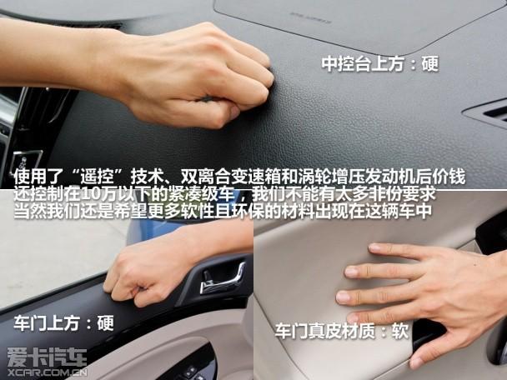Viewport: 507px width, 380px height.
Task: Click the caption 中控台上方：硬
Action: pyautogui.click(x=379, y=63)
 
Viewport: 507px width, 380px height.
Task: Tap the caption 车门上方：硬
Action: pyautogui.click(x=64, y=322)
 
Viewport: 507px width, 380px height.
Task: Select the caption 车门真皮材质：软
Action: pyautogui.click(x=341, y=331)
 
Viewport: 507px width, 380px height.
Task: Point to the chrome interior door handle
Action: pyautogui.click(x=223, y=278)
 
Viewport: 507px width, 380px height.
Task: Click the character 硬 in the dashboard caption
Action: pyautogui.click(x=429, y=63)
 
